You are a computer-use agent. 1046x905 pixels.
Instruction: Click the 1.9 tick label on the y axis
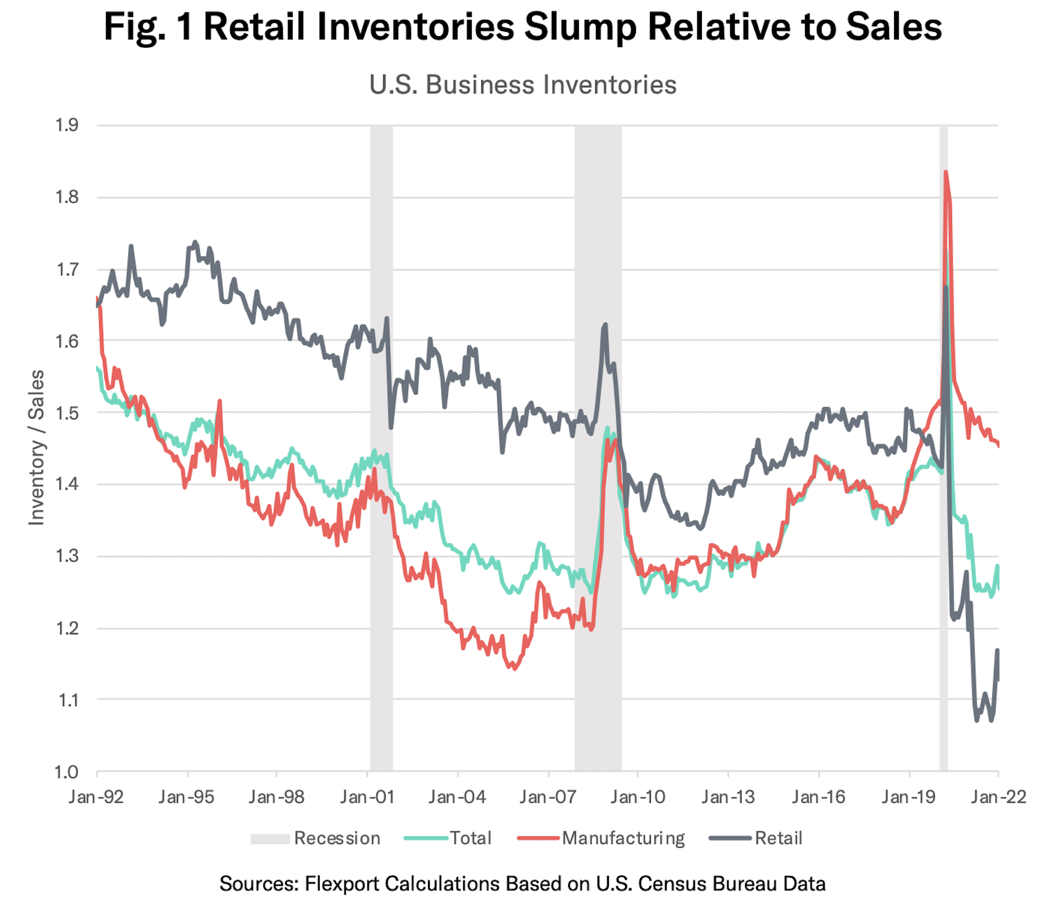67,125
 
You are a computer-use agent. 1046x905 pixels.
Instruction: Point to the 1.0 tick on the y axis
67,772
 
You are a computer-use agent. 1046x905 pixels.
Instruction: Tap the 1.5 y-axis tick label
67,413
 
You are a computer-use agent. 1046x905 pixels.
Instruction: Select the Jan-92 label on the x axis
96,797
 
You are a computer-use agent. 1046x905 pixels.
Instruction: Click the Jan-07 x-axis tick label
548,797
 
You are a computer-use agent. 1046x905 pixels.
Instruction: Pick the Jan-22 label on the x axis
998,797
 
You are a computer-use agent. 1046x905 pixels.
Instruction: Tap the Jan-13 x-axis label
728,797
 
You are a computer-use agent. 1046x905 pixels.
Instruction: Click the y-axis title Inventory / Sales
36,448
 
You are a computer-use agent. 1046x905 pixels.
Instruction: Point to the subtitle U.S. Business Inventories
523,85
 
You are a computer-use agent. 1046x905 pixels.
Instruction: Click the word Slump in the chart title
582,27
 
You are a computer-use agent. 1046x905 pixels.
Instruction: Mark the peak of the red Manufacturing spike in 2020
946,172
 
